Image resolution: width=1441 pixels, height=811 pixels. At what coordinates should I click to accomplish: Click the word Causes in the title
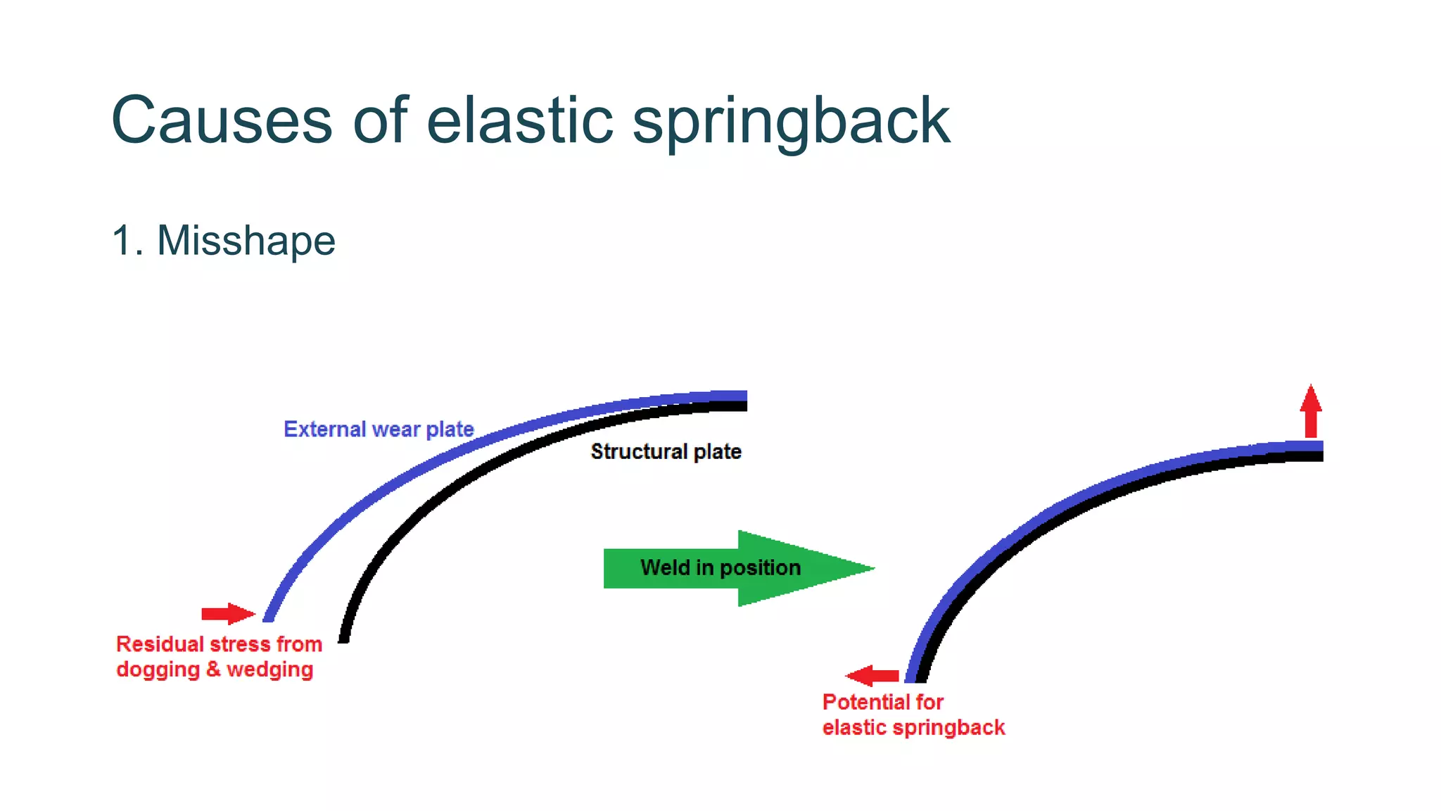click(221, 121)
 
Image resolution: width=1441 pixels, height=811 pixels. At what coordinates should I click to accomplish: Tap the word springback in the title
click(791, 123)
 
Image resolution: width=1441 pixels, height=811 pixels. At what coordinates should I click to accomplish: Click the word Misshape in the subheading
click(246, 241)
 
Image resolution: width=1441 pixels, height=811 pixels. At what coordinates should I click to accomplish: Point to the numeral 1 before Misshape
click(122, 241)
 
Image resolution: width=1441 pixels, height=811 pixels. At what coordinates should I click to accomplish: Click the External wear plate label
click(379, 429)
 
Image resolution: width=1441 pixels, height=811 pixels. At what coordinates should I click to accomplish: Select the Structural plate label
click(666, 451)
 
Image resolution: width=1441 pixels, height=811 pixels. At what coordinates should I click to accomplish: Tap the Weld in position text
click(720, 567)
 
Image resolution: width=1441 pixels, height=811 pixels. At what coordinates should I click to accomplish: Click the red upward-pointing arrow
click(1310, 411)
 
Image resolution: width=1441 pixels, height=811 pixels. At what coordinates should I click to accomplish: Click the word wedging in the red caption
click(269, 669)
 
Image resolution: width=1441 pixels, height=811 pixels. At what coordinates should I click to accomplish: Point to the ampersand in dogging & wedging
click(213, 669)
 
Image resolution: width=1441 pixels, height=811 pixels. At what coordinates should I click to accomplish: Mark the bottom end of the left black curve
click(344, 637)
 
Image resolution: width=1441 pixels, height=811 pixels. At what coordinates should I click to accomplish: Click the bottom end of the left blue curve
click(268, 617)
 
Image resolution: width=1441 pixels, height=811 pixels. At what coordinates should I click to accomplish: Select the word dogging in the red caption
click(158, 669)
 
